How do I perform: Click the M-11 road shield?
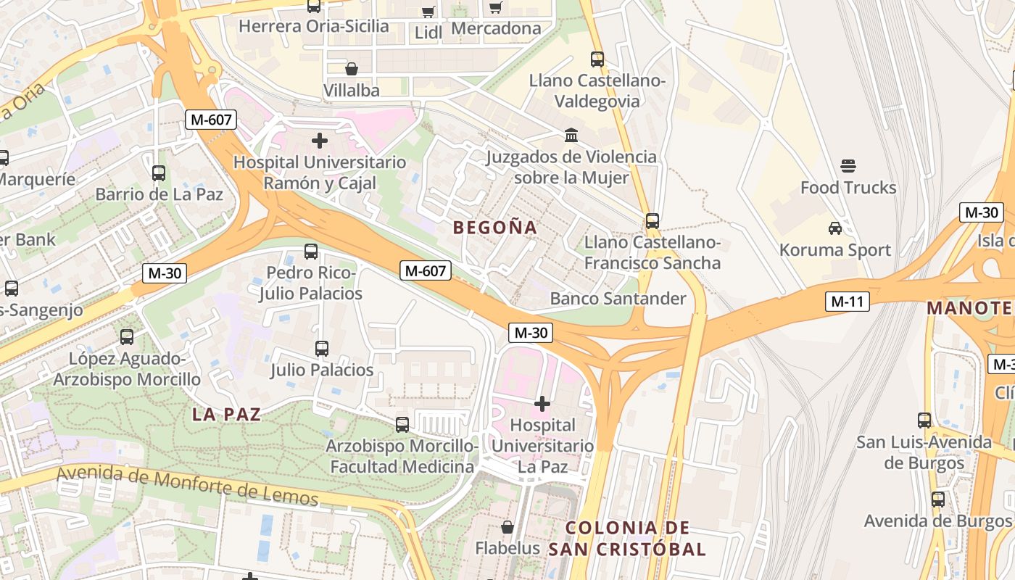847,301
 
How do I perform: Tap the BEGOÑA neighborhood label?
495,228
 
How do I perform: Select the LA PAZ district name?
226,415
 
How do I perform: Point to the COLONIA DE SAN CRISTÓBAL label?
626,539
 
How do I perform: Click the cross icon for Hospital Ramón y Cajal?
319,140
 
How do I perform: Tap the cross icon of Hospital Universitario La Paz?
542,403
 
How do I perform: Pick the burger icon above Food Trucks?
848,166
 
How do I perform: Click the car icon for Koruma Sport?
834,228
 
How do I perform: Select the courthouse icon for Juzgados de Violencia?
571,136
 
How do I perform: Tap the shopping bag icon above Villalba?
351,69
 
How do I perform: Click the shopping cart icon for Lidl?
428,11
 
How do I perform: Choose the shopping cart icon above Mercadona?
496,7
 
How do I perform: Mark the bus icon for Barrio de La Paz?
159,173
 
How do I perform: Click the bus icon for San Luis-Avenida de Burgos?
924,420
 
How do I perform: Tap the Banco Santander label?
618,299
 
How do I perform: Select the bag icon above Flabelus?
507,527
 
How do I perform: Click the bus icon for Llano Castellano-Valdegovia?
597,59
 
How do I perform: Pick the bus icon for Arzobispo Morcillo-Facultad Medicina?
402,425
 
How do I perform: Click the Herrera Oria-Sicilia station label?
313,27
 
